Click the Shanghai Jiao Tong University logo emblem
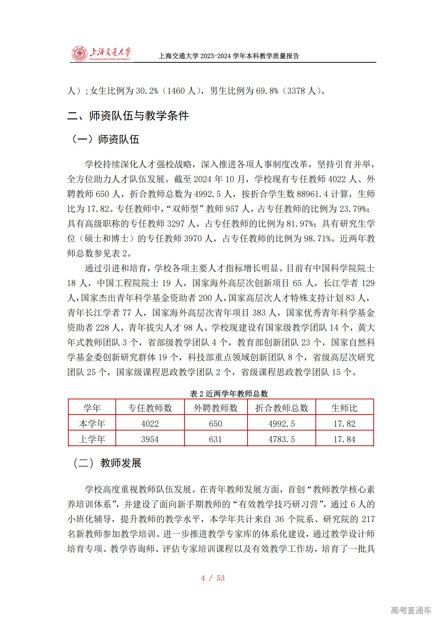pos(79,54)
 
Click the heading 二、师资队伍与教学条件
pos(128,116)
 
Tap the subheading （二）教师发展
pos(107,463)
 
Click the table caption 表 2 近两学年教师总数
pos(229,394)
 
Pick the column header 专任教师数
pos(150,408)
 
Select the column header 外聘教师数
pos(216,408)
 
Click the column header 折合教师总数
pos(282,408)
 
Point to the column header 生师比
pos(344,408)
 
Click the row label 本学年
pos(92,423)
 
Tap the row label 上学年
pos(92,439)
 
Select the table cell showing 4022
pos(150,423)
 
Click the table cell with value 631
pos(216,439)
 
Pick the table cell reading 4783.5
pos(282,439)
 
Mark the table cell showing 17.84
pos(344,439)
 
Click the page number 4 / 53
pos(213,578)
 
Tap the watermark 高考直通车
pos(411,610)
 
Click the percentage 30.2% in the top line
pos(147,91)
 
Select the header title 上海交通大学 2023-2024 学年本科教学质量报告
pos(229,56)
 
